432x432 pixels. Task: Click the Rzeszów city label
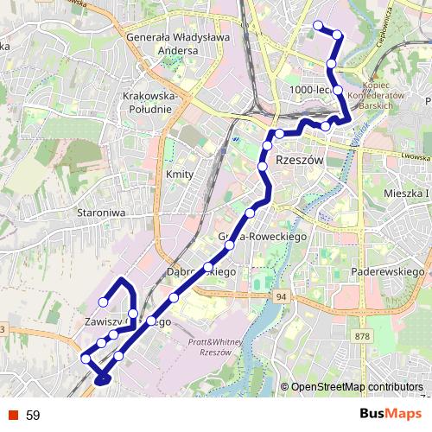point(298,162)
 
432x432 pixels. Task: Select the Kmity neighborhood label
point(177,174)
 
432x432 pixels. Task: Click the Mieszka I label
point(405,195)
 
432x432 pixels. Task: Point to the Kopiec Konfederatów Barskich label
point(383,96)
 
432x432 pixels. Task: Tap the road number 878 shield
point(361,336)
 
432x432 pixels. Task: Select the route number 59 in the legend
point(33,416)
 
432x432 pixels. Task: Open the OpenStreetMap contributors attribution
point(356,387)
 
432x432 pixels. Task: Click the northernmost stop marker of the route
point(318,25)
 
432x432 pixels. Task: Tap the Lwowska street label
point(416,156)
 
